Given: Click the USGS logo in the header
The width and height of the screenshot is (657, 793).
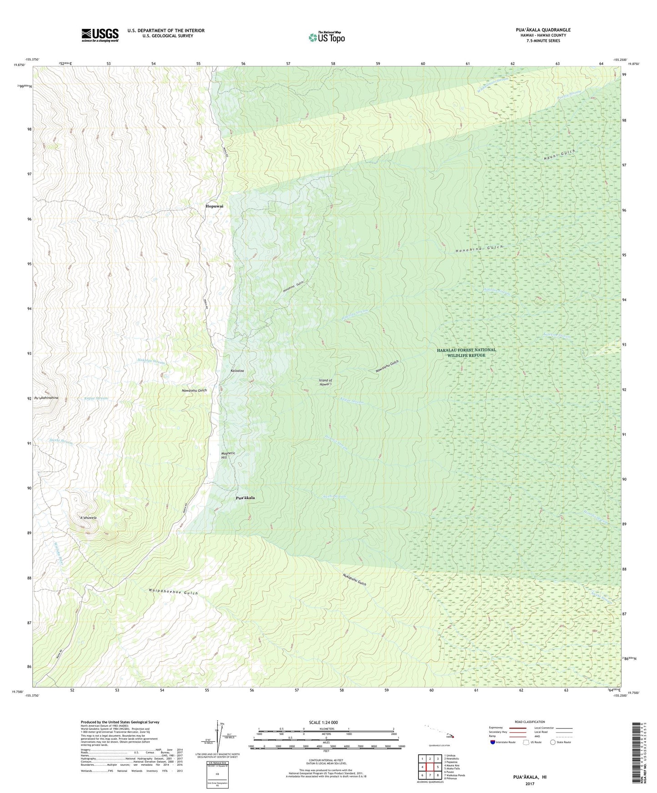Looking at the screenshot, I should pyautogui.click(x=100, y=35).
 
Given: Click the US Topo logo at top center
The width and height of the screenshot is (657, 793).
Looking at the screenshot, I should pyautogui.click(x=326, y=37).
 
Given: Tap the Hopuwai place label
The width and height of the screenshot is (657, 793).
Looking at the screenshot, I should pyautogui.click(x=214, y=206).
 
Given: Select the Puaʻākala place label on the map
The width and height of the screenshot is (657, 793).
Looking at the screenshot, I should pyautogui.click(x=245, y=498).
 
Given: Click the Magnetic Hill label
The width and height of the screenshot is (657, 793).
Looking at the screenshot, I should pyautogui.click(x=228, y=456).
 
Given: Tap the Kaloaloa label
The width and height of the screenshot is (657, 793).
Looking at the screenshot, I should pyautogui.click(x=237, y=371).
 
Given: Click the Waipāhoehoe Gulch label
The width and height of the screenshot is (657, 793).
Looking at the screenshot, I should pyautogui.click(x=173, y=593).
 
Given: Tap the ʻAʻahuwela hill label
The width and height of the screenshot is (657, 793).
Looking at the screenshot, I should pyautogui.click(x=88, y=518).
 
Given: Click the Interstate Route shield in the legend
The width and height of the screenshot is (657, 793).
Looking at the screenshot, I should pyautogui.click(x=492, y=742).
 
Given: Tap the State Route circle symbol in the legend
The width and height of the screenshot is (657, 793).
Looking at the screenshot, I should pyautogui.click(x=553, y=742).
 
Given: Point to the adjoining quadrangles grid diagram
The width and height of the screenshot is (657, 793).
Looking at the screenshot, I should pyautogui.click(x=430, y=767).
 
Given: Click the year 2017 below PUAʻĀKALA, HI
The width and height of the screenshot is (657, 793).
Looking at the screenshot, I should pyautogui.click(x=529, y=783).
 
